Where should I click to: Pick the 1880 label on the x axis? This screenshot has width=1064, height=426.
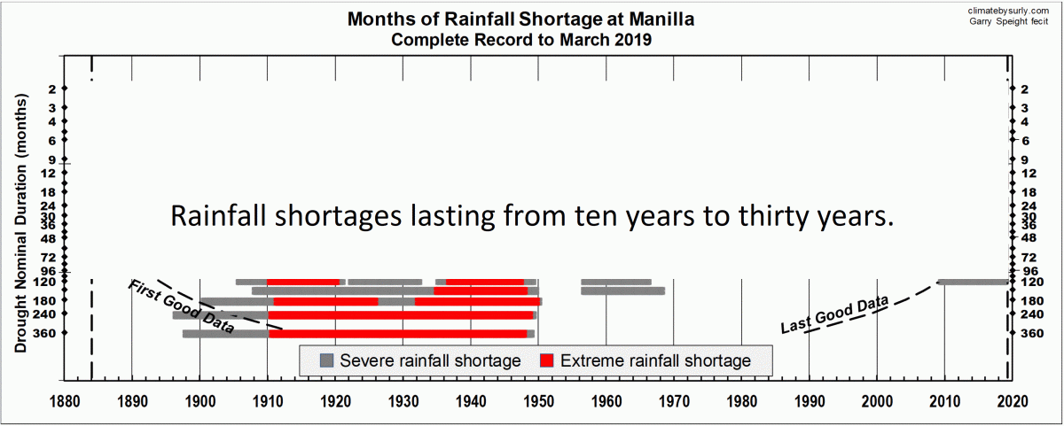tap(64, 401)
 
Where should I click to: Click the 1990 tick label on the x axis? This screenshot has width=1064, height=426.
tap(809, 401)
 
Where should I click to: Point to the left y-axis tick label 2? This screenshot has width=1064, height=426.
tap(52, 89)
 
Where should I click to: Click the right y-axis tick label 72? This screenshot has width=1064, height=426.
tap(1029, 257)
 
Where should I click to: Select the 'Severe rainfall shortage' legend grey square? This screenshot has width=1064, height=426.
tap(327, 360)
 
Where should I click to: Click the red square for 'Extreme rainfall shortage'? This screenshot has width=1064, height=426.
tap(547, 360)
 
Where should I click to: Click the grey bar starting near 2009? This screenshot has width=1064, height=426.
tap(973, 282)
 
